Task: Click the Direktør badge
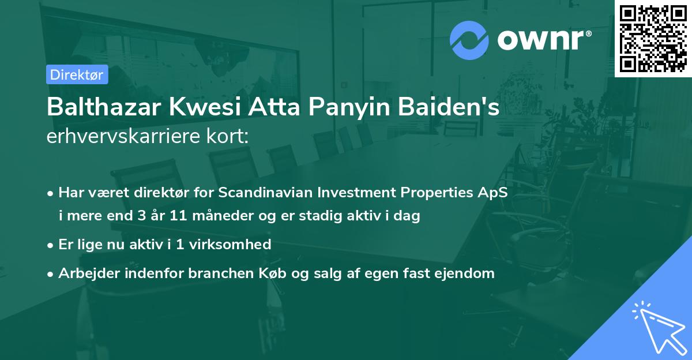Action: pyautogui.click(x=77, y=74)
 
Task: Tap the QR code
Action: pyautogui.click(x=653, y=38)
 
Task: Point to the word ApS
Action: pyautogui.click(x=494, y=193)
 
